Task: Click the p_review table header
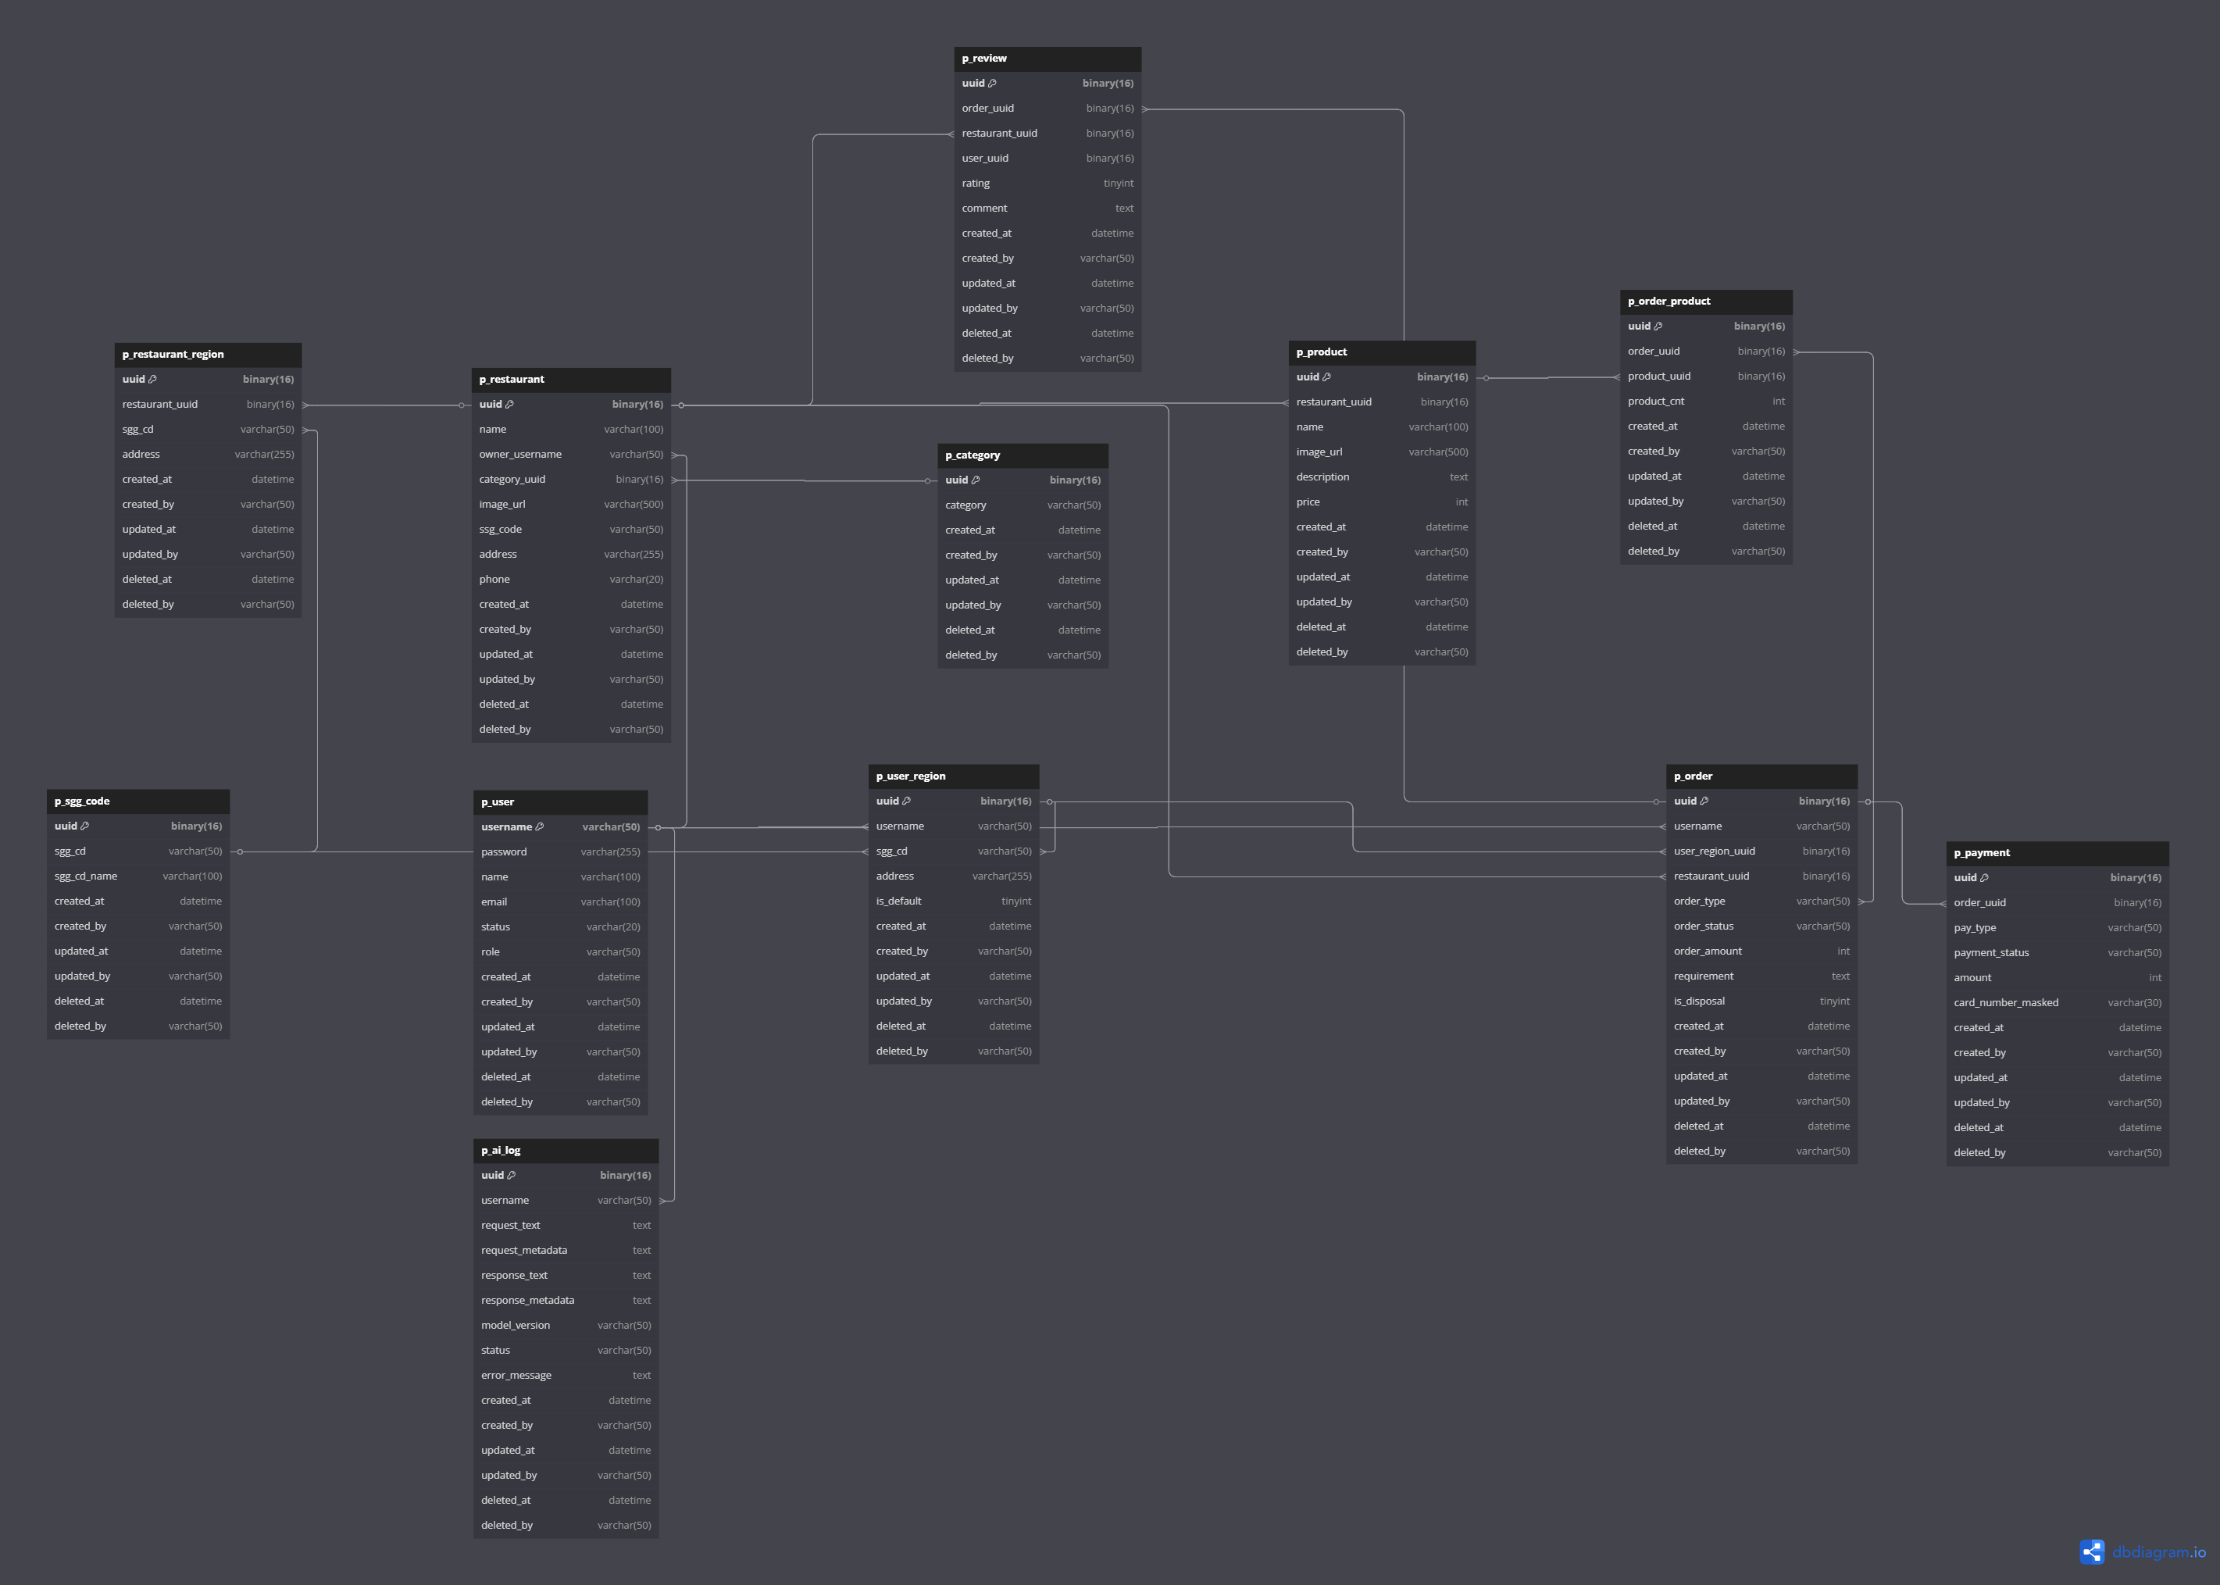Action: (x=1047, y=59)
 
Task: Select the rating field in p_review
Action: (x=975, y=184)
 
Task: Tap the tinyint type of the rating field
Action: (x=1119, y=184)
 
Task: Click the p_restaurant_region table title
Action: (x=173, y=355)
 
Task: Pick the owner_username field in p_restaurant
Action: (x=520, y=455)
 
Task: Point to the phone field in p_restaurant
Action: (x=494, y=580)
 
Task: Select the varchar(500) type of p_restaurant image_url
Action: (x=634, y=505)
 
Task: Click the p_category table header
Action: (x=1023, y=455)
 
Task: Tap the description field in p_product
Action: (x=1322, y=477)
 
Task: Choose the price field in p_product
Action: (x=1308, y=502)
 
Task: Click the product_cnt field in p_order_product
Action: (x=1655, y=401)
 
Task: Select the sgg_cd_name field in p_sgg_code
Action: (x=86, y=876)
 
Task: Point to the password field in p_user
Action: (x=504, y=852)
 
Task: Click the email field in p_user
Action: (x=494, y=901)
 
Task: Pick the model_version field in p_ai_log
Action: (x=516, y=1326)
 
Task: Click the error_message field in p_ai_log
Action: (x=516, y=1375)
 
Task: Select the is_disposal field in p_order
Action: (x=1699, y=1001)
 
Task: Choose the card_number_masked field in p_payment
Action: (x=2005, y=1002)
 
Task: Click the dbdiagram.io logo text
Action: (x=2158, y=1552)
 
